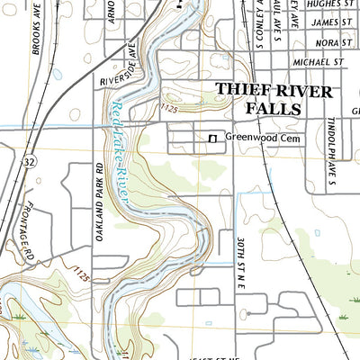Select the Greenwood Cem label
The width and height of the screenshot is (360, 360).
tap(262, 139)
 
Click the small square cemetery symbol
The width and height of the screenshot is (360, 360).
tap(213, 139)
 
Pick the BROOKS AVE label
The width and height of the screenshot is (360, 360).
tap(38, 33)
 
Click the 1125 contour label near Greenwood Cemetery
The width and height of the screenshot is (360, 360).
tap(166, 109)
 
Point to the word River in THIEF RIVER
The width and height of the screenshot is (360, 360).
tap(302, 91)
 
